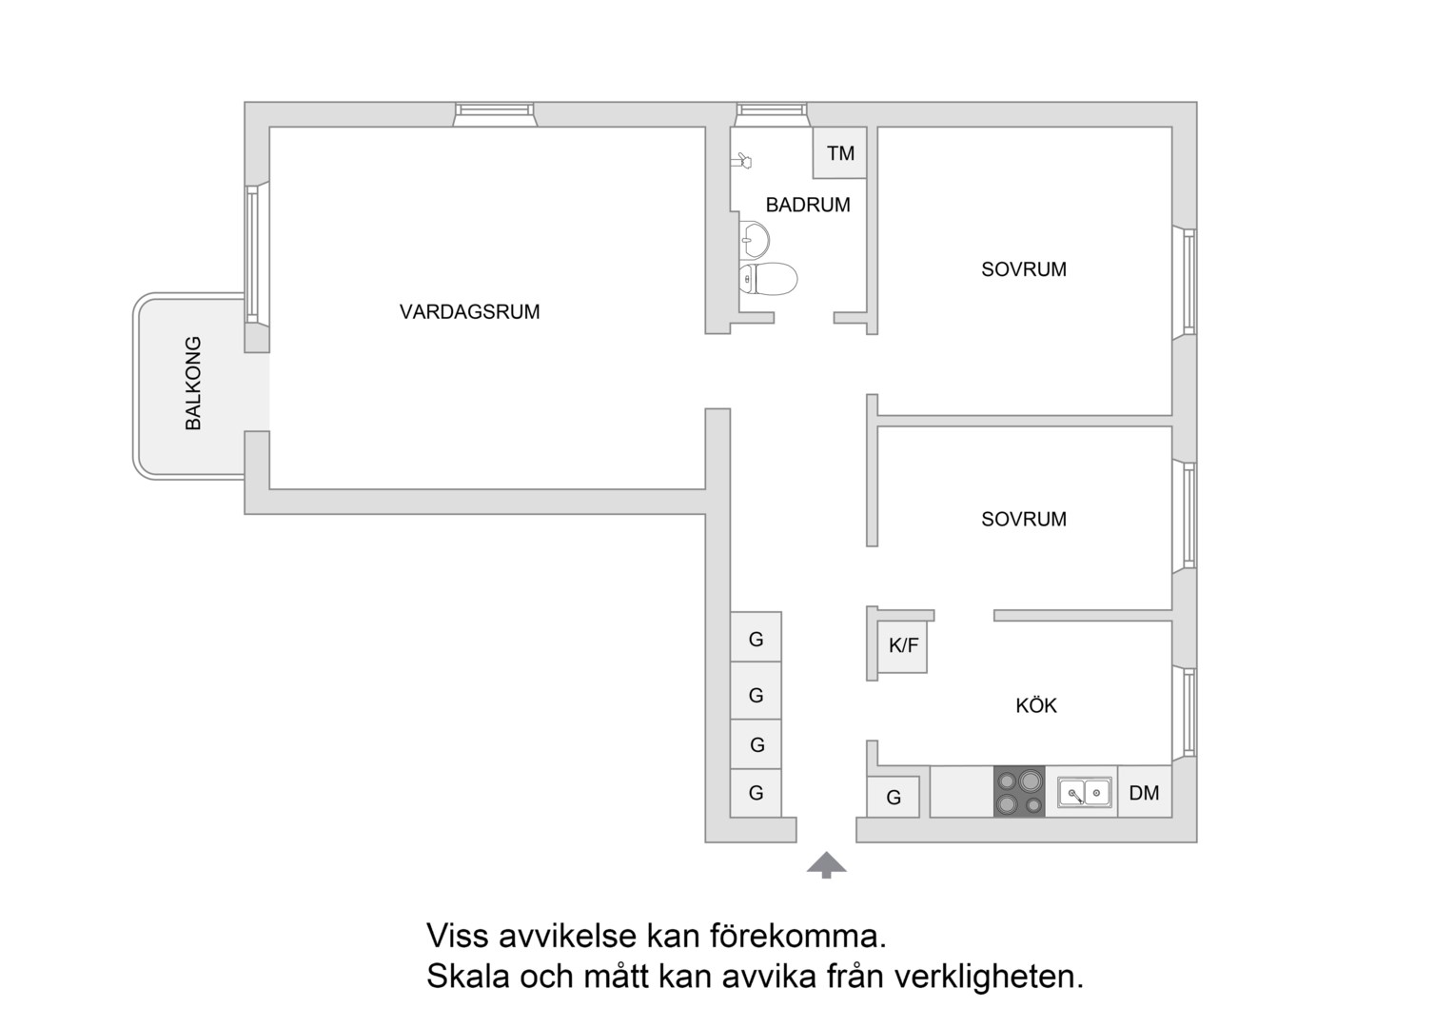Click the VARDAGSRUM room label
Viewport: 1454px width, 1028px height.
469,311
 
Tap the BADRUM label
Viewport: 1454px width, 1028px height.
808,205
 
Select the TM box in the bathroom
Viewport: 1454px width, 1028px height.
840,152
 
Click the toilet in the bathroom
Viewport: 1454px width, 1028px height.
768,279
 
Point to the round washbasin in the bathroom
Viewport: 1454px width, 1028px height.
755,240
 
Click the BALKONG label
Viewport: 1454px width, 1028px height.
193,383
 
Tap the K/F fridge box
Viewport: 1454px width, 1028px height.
903,646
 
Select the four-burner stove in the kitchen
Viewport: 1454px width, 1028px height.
1019,792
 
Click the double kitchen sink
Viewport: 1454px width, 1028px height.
1084,792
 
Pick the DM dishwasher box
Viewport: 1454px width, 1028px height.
1145,792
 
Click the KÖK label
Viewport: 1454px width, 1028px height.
1036,705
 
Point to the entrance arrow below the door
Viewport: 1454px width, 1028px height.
826,865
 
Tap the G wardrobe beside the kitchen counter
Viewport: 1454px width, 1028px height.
894,797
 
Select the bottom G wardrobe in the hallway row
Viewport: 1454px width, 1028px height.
756,793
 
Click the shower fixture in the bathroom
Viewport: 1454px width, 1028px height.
741,160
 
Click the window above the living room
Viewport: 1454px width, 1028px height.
495,113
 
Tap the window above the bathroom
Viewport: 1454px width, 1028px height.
771,113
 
